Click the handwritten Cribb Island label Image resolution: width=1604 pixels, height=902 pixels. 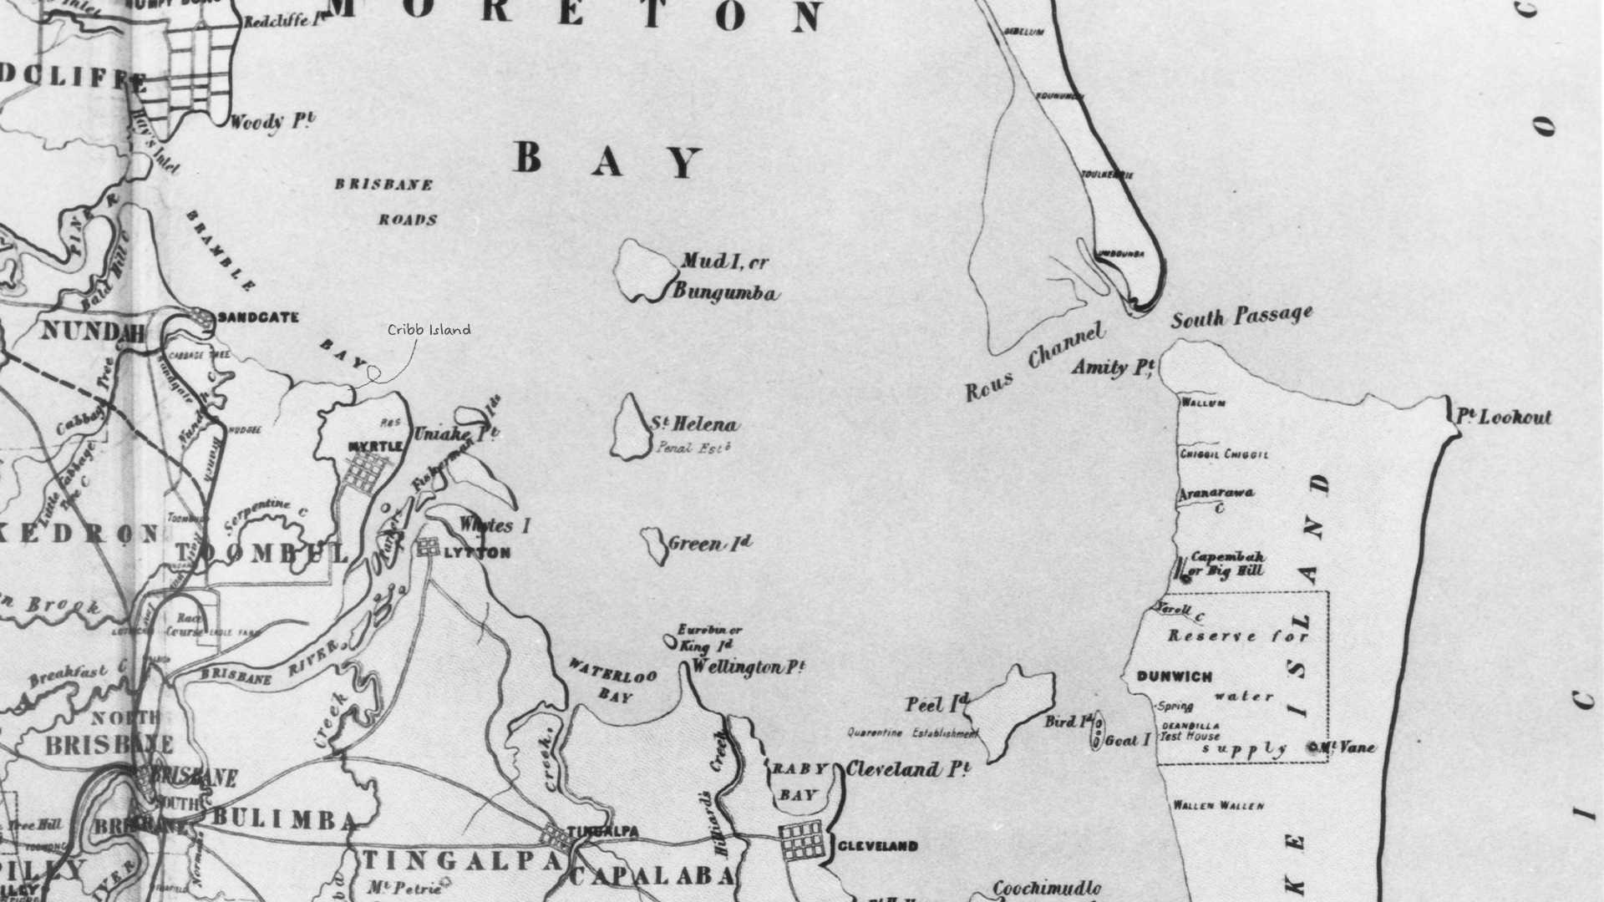pos(429,330)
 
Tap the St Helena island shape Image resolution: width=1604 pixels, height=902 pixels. pos(630,428)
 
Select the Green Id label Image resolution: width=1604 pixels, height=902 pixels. pos(709,544)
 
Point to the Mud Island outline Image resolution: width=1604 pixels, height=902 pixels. pos(644,270)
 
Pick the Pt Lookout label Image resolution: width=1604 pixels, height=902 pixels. pos(1504,417)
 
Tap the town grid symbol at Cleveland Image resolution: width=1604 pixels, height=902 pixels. pos(801,840)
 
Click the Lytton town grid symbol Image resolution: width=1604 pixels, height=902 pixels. pos(428,547)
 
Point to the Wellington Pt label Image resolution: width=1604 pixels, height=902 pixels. pos(748,667)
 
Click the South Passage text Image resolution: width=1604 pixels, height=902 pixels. pos(1241,317)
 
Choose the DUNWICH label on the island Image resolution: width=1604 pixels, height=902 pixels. pos(1174,676)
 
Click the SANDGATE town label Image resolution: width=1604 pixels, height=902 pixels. pos(257,317)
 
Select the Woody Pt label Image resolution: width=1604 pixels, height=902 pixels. pos(272,122)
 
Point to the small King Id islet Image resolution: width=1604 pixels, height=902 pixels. pos(670,641)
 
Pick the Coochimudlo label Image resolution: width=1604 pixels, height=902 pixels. pos(1047,889)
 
